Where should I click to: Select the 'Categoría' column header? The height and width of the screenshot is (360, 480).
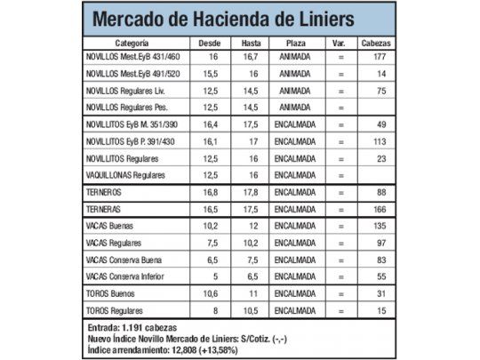[x=131, y=42]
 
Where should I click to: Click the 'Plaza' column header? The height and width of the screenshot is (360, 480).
[x=294, y=42]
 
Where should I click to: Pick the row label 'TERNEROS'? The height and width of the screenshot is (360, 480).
[x=104, y=192]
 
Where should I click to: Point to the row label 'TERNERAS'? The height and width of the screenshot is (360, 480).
[x=104, y=209]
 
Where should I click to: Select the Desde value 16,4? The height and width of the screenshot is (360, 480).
[x=210, y=124]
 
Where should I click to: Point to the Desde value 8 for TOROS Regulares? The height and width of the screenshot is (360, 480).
[x=210, y=309]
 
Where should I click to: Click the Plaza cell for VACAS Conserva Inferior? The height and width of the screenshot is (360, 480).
[x=294, y=276]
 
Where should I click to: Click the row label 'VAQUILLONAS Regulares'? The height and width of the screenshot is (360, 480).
[x=126, y=175]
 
